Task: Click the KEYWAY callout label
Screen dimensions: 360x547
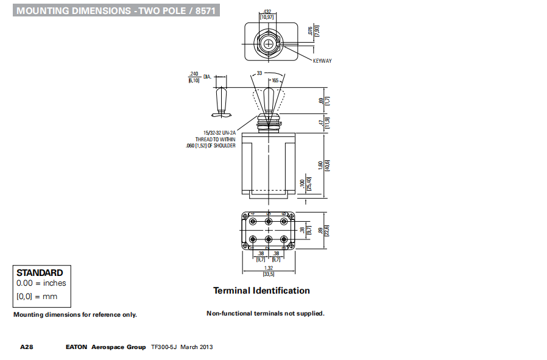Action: pyautogui.click(x=322, y=61)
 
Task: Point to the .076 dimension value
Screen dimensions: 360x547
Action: pyautogui.click(x=310, y=31)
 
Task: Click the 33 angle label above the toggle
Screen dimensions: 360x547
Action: pyautogui.click(x=259, y=72)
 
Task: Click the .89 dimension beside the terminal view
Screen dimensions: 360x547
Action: pyautogui.click(x=321, y=230)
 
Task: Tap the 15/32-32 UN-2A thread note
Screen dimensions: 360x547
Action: pyautogui.click(x=219, y=132)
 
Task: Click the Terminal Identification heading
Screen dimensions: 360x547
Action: pyautogui.click(x=261, y=291)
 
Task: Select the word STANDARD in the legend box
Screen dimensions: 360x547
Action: pyautogui.click(x=40, y=273)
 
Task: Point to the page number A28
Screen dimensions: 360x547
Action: pyautogui.click(x=26, y=347)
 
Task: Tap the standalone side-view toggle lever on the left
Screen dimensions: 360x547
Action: pyautogui.click(x=222, y=101)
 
